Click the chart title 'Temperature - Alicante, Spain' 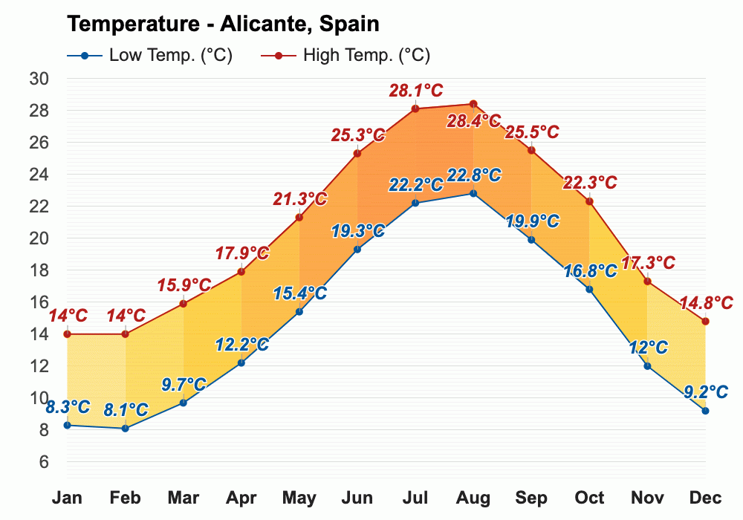(223, 24)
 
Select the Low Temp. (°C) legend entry (149, 56)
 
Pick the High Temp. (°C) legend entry (346, 56)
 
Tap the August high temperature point (473, 104)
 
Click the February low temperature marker (126, 428)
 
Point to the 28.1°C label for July (415, 91)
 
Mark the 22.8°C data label (473, 176)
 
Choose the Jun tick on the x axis (357, 498)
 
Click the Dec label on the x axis (705, 498)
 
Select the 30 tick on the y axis (39, 79)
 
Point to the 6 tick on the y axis (43, 462)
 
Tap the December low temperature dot (705, 411)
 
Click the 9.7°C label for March (184, 385)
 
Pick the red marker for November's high (647, 282)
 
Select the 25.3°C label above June (358, 135)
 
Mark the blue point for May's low (299, 311)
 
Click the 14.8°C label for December (706, 303)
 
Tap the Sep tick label (531, 498)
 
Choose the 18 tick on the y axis (39, 270)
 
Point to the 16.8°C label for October (590, 270)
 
